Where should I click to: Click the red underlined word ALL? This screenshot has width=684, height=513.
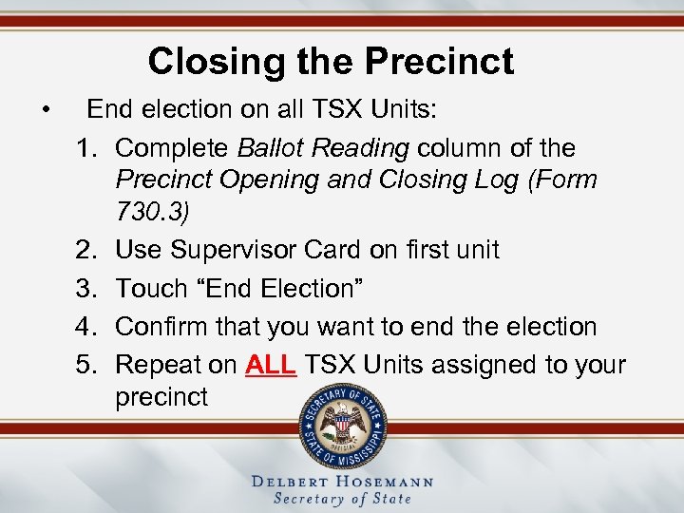tap(271, 366)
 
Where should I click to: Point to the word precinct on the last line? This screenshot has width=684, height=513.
tap(161, 397)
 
